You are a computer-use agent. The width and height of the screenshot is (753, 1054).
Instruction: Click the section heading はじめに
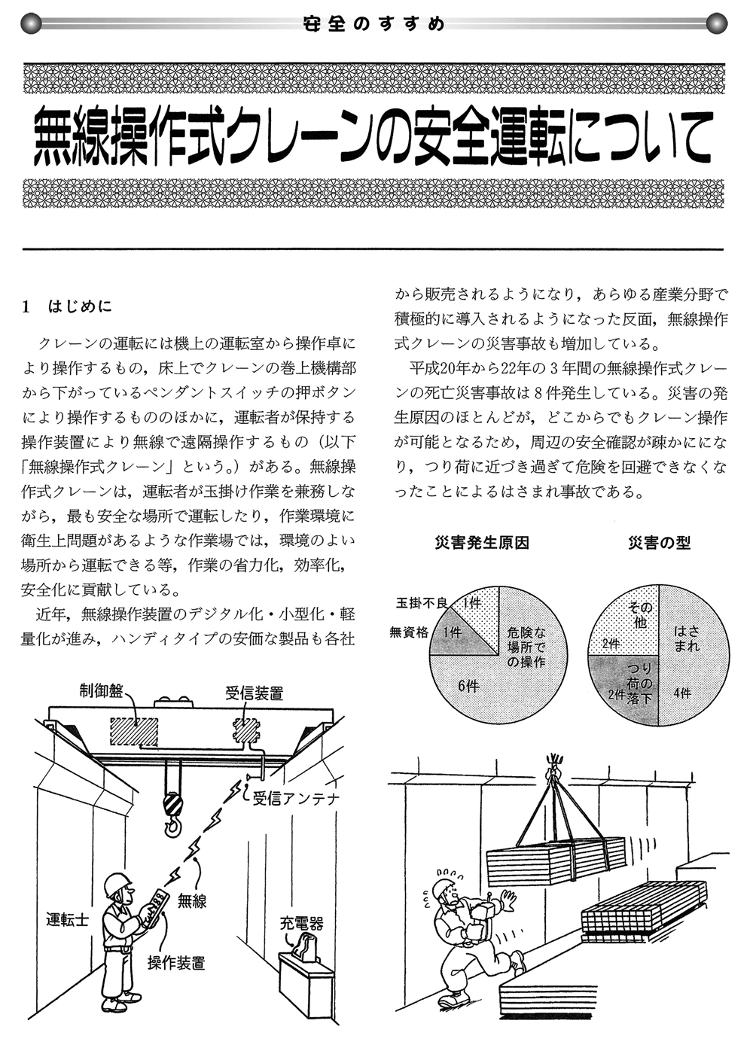pyautogui.click(x=79, y=306)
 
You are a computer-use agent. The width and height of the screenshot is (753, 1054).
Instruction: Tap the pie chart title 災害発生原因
pyautogui.click(x=482, y=543)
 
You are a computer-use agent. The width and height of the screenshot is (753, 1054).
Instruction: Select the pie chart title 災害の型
pyautogui.click(x=660, y=543)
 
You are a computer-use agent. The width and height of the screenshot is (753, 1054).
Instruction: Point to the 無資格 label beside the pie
pyautogui.click(x=409, y=632)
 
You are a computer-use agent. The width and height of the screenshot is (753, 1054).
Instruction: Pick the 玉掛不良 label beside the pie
pyautogui.click(x=422, y=602)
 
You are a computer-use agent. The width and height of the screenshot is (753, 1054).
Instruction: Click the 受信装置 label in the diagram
pyautogui.click(x=255, y=693)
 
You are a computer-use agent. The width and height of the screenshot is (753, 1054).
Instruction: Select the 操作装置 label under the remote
pyautogui.click(x=176, y=962)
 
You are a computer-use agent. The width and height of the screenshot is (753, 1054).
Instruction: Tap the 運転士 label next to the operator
pyautogui.click(x=67, y=919)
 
